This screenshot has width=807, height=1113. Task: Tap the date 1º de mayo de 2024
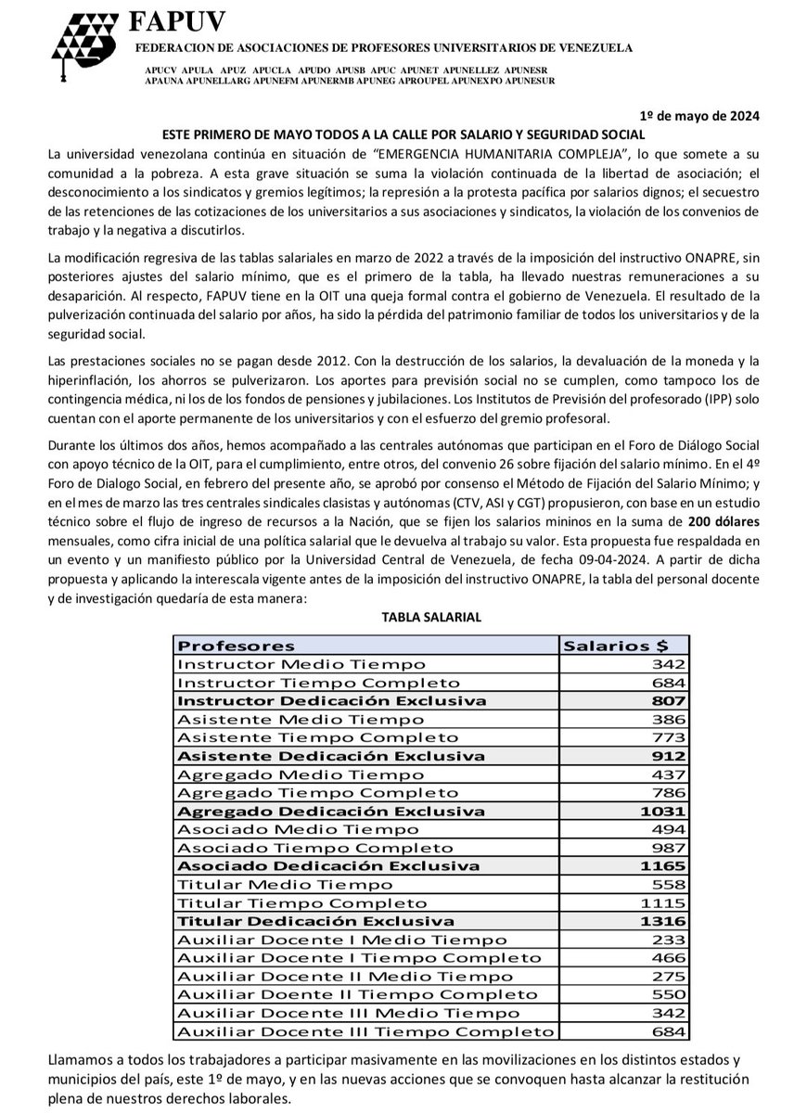(699, 116)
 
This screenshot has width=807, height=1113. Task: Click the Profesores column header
(236, 646)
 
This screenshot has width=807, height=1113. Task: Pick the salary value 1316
(666, 921)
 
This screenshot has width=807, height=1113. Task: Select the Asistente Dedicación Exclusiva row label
(330, 756)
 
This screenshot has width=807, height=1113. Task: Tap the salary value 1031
(666, 811)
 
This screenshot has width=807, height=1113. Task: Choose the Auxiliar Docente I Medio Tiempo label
(328, 940)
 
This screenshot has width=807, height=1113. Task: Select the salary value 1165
(666, 865)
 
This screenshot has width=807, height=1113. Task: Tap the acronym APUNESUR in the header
(524, 82)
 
